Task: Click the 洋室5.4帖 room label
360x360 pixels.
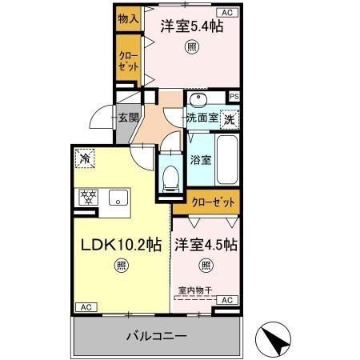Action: tap(190, 26)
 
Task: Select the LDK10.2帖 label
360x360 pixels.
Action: tap(121, 245)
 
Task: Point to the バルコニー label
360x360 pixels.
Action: tap(156, 335)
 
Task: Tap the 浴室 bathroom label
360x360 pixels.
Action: tap(201, 159)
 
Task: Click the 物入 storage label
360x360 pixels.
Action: tap(128, 18)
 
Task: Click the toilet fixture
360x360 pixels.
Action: tap(170, 178)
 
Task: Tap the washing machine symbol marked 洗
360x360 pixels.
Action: tap(230, 119)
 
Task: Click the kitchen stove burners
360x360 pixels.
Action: tap(87, 198)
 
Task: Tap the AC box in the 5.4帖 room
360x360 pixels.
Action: tap(226, 13)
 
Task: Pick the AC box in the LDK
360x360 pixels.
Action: tap(83, 307)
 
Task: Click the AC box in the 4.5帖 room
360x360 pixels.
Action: tap(226, 299)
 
